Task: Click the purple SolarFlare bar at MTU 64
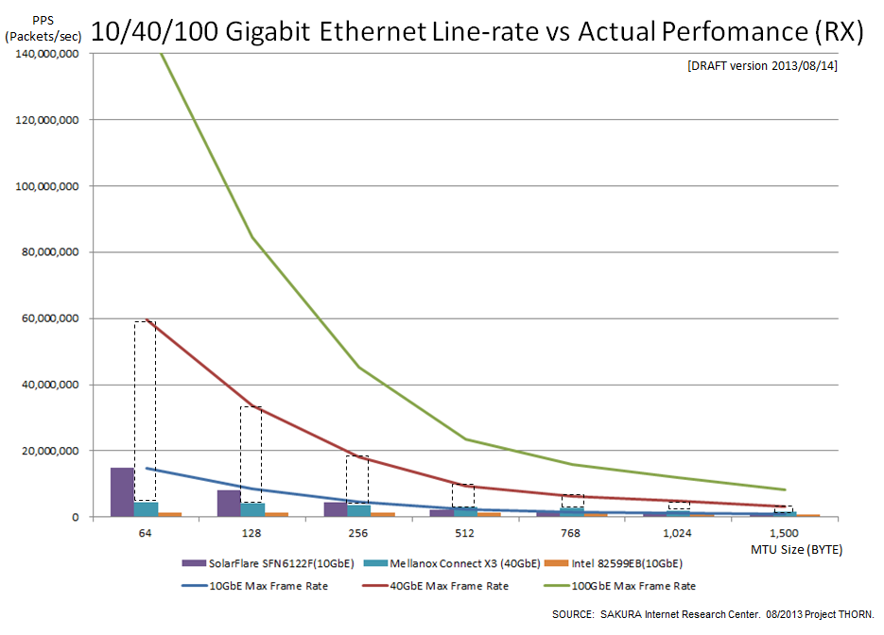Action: coord(122,492)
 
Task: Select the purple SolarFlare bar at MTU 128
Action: coord(228,504)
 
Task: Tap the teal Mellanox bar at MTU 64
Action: coord(146,509)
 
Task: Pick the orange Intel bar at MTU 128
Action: coord(276,514)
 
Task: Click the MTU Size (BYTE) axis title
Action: coord(796,549)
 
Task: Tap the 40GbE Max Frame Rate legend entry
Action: coord(442,586)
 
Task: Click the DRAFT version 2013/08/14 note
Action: coord(762,66)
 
